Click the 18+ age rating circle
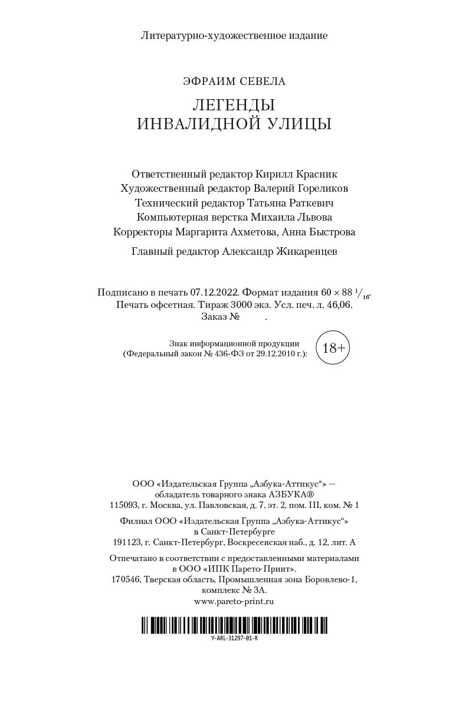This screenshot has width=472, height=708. [333, 348]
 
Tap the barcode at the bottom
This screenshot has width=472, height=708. [234, 625]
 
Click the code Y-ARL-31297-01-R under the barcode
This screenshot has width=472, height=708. [234, 638]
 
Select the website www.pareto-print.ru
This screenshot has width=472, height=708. [234, 601]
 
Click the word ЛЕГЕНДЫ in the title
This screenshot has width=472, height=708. [234, 105]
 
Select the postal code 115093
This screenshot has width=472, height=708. [124, 505]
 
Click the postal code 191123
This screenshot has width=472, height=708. [127, 542]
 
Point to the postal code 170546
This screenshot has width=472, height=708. [126, 579]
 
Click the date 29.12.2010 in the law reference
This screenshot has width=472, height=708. [268, 354]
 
